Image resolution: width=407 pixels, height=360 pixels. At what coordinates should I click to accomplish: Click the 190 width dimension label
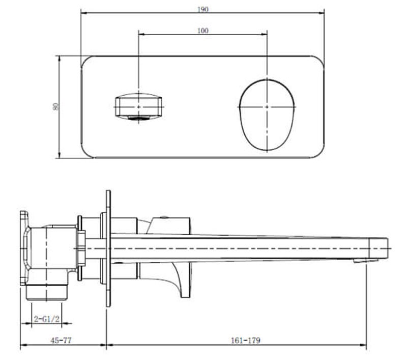coord(202,9)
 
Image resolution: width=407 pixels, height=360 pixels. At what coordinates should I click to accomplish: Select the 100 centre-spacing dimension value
coord(202,31)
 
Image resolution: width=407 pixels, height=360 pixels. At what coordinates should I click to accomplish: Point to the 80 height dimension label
coord(55,106)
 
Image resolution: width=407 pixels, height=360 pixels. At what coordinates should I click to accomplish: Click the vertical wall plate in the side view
coord(107,250)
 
